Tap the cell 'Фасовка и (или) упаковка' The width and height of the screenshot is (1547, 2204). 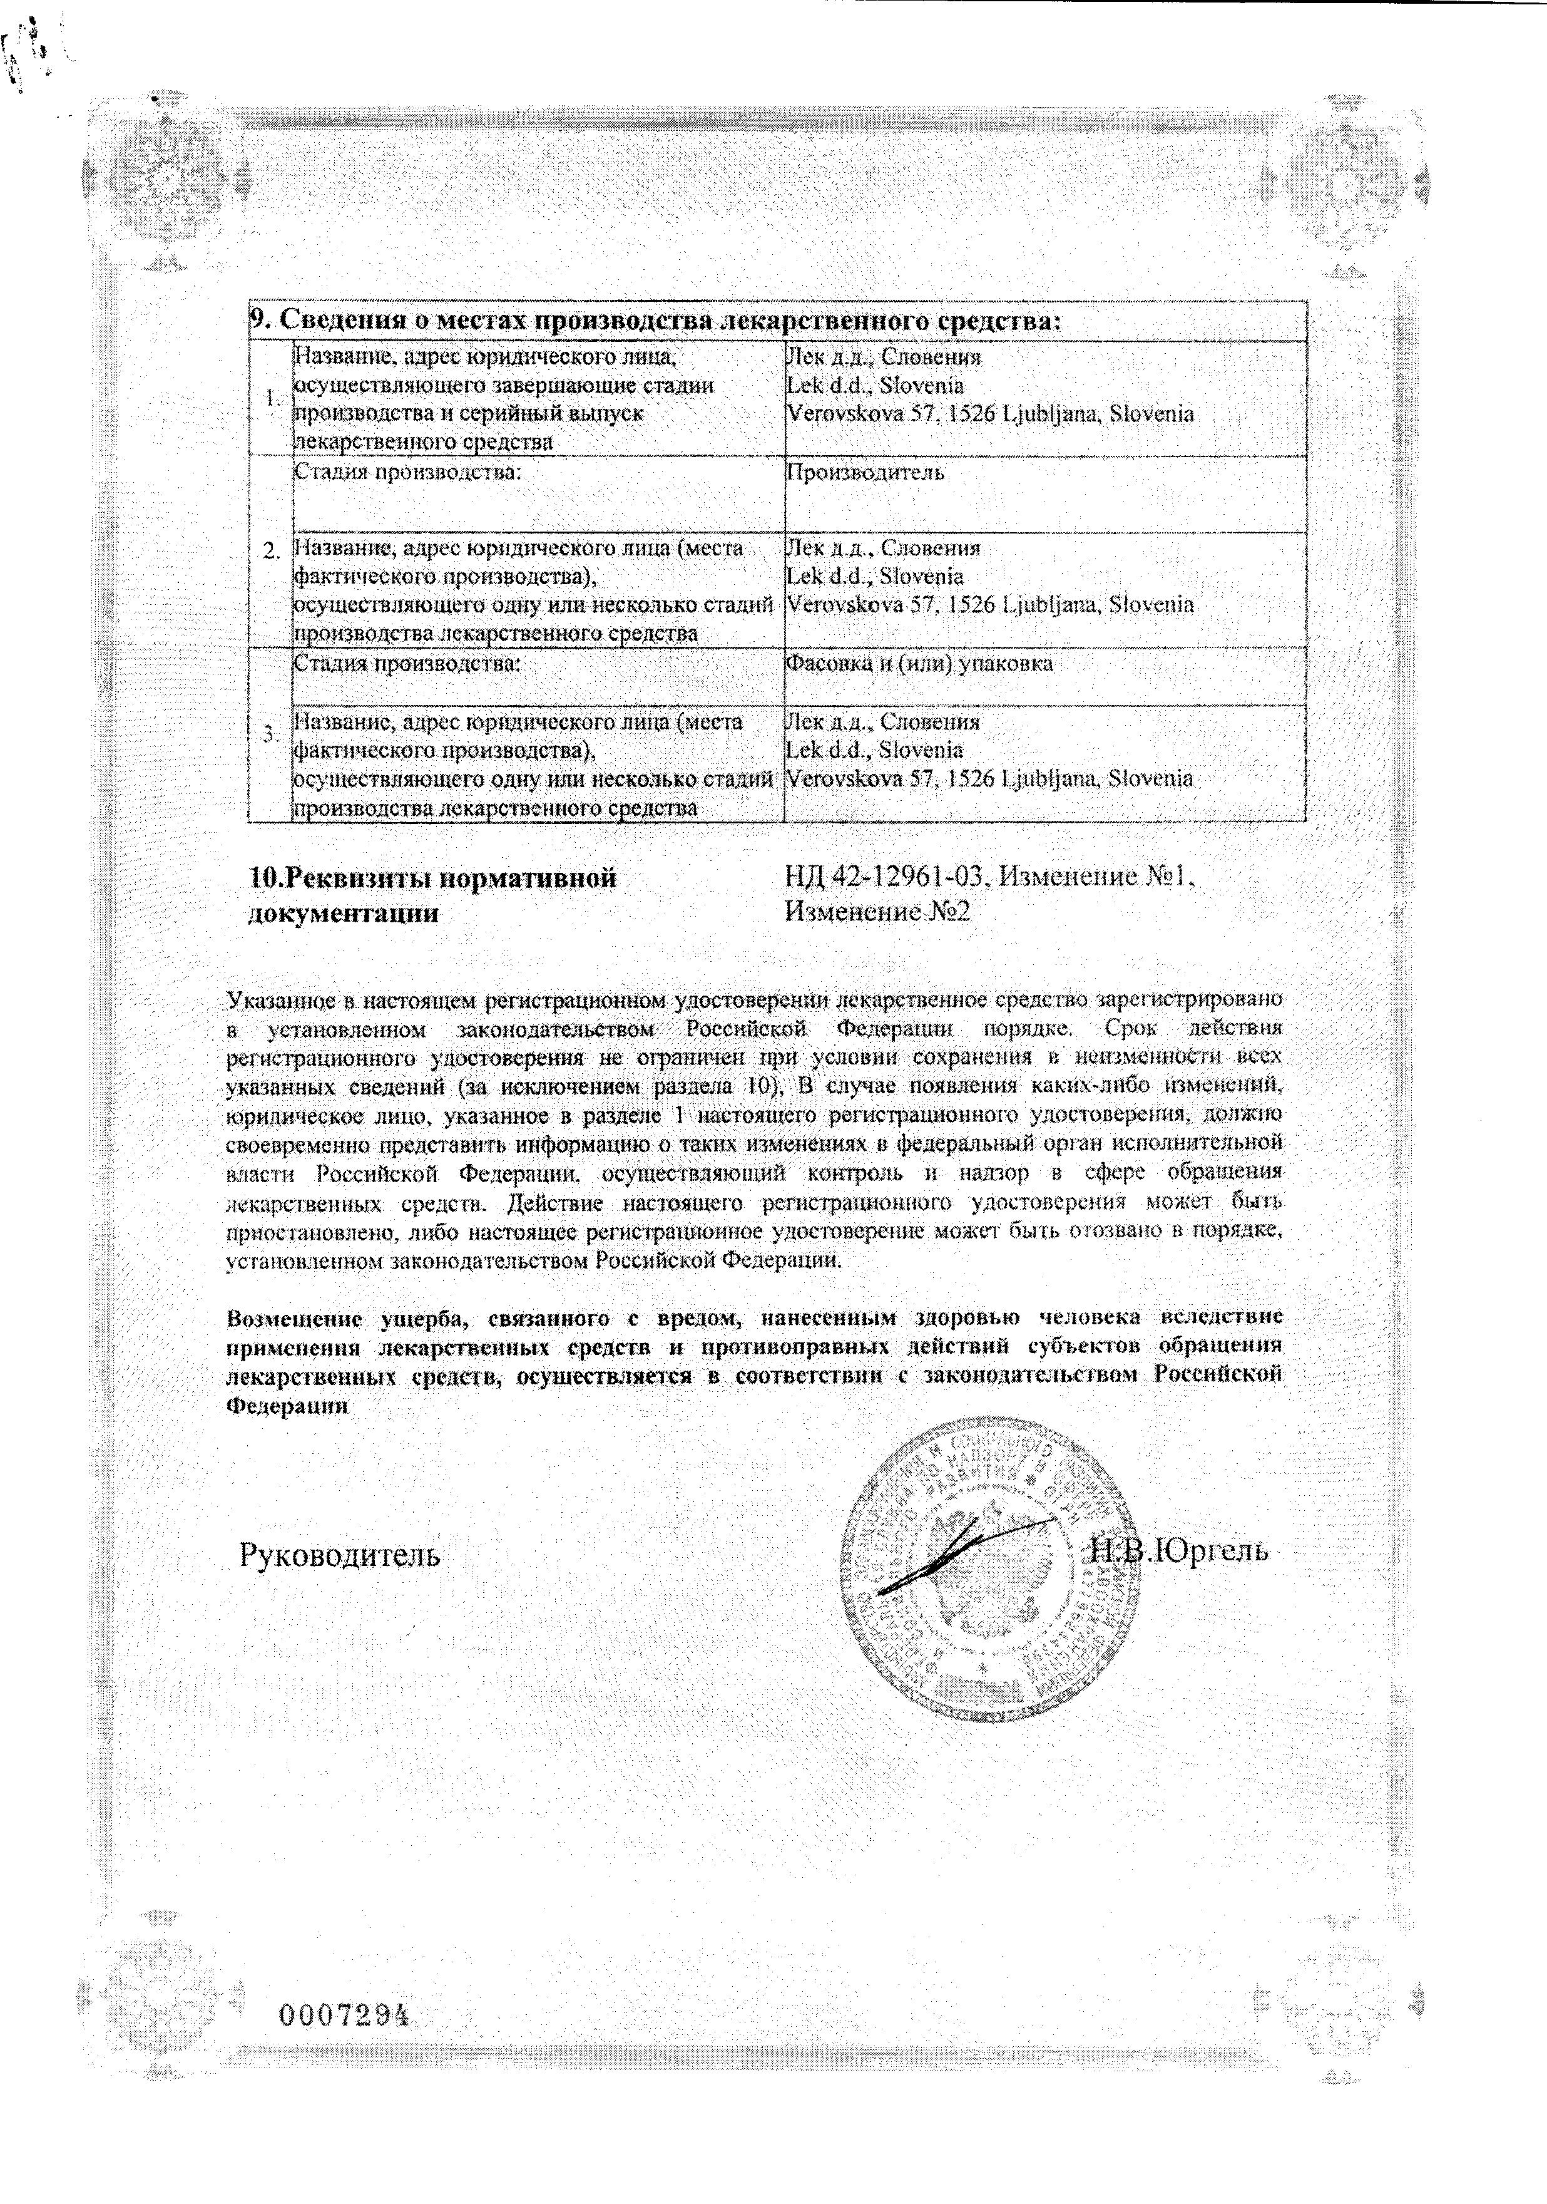click(919, 663)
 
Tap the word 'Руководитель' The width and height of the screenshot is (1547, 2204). click(340, 1553)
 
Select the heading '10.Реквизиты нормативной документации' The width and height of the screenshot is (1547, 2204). click(432, 893)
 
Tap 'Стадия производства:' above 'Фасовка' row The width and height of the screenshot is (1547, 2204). click(407, 663)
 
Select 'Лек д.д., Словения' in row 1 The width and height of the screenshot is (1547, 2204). click(883, 357)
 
